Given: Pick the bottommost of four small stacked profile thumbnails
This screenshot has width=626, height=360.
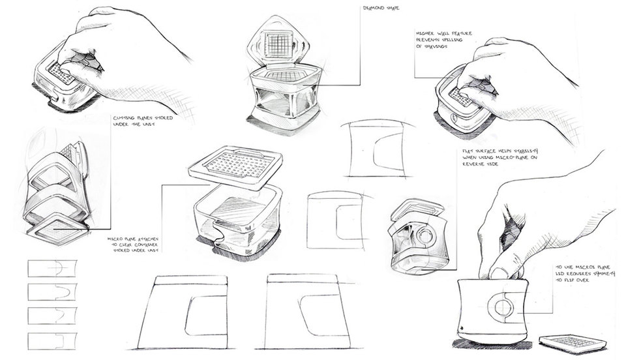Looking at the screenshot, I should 52,340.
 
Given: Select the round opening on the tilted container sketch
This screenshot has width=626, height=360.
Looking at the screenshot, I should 430,236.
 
